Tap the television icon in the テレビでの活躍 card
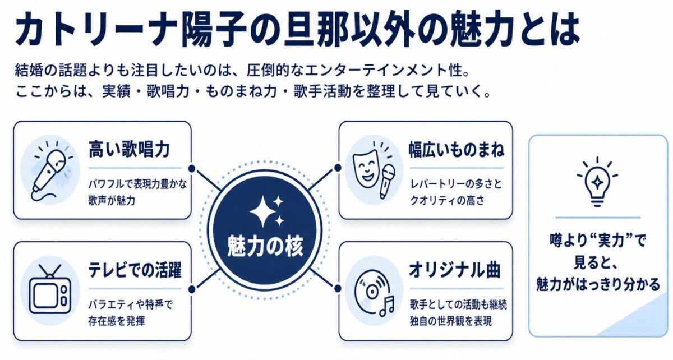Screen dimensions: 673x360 coord(50,289)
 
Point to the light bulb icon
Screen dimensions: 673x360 coord(597,182)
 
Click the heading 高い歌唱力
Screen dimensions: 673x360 coord(129,149)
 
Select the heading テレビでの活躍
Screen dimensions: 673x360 coord(135,270)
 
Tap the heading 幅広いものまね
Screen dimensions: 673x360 coord(457,149)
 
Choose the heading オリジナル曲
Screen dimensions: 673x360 coord(455,270)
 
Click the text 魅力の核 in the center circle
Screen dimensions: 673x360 coord(265,246)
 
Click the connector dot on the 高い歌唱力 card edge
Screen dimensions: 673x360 coord(192,168)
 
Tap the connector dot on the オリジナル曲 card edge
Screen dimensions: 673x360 coord(338,288)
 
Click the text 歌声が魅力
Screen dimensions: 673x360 coord(112,200)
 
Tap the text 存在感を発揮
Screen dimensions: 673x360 coord(117,321)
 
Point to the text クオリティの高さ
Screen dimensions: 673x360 coord(447,200)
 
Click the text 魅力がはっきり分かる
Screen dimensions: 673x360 coord(598,284)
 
